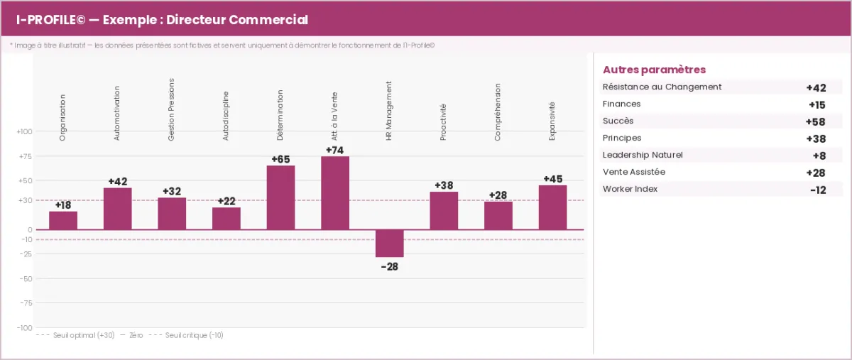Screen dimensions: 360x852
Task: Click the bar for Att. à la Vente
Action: (335, 193)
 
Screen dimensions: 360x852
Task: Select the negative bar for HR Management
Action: (389, 244)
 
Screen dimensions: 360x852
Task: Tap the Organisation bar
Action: (63, 221)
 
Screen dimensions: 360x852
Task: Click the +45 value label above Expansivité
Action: (553, 179)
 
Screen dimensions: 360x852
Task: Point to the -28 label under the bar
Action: (389, 266)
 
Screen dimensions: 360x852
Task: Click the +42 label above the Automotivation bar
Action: (118, 182)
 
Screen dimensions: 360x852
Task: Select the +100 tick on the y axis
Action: (24, 132)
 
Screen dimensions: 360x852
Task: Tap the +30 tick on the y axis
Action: (25, 200)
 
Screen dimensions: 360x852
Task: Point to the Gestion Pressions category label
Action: (171, 109)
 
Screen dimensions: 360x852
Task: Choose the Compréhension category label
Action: (498, 113)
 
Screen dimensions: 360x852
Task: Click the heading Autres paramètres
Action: (654, 70)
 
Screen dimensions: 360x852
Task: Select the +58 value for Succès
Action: (816, 121)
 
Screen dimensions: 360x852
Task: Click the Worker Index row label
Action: (630, 189)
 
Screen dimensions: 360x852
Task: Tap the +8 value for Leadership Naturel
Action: (819, 156)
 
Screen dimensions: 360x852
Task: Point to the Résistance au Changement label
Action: (662, 87)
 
